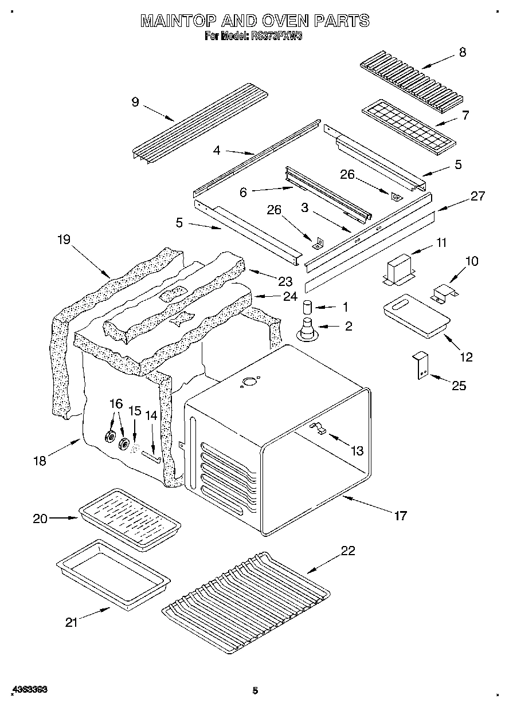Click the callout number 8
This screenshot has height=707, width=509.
463,53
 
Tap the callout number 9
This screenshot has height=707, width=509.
135,103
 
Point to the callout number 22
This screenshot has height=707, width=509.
348,551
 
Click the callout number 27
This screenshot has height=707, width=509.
477,197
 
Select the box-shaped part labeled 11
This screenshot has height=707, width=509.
401,269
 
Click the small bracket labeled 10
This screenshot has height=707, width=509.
444,293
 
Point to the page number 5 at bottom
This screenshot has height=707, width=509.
255,690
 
